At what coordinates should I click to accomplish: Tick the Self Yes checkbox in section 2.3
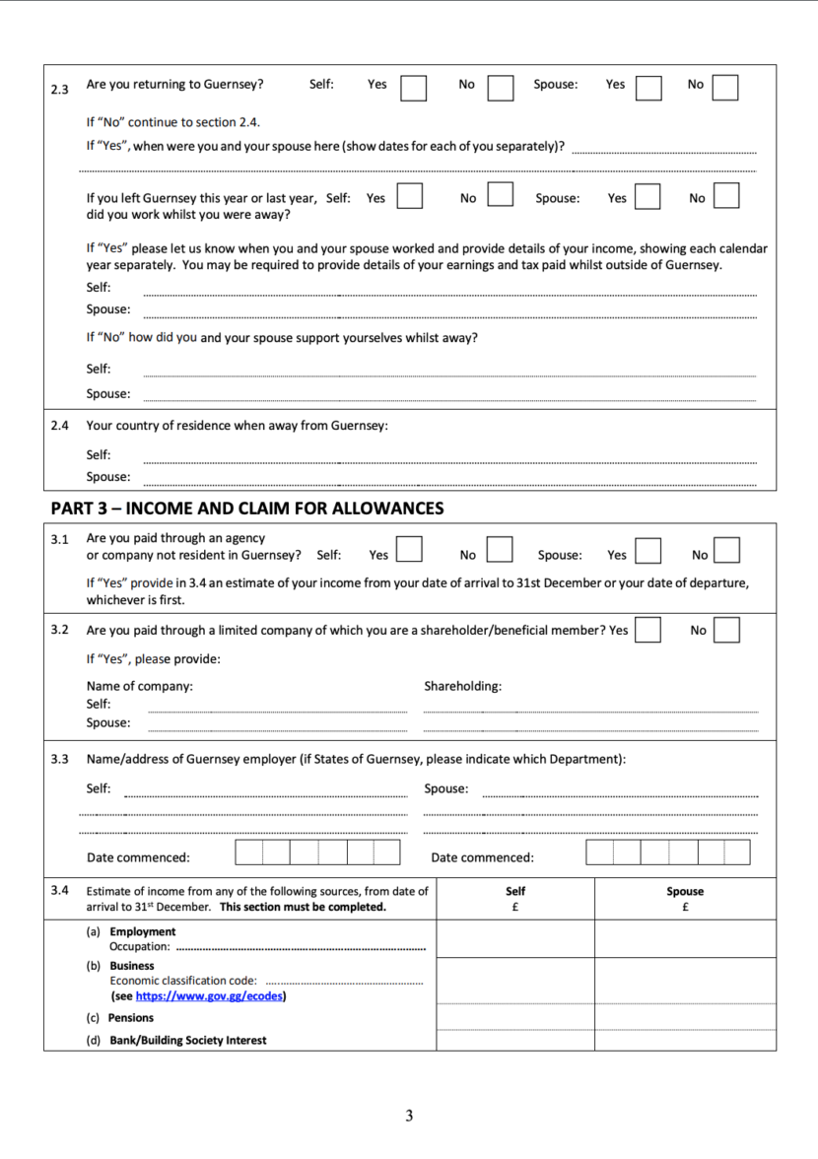pyautogui.click(x=413, y=88)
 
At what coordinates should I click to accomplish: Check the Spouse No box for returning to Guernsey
pyautogui.click(x=725, y=88)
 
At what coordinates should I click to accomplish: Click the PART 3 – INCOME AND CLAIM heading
pyautogui.click(x=247, y=509)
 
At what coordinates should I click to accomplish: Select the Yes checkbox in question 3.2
pyautogui.click(x=648, y=630)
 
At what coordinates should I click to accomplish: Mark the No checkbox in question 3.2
pyautogui.click(x=726, y=630)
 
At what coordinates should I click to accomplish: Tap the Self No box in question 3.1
pyautogui.click(x=500, y=549)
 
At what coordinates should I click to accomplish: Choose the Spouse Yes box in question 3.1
pyautogui.click(x=648, y=549)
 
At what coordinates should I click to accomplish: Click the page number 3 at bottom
pyautogui.click(x=409, y=1116)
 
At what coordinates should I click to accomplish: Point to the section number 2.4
pyautogui.click(x=59, y=426)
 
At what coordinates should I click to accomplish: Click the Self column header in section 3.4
pyautogui.click(x=515, y=891)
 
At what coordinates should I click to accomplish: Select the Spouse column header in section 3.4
pyautogui.click(x=685, y=891)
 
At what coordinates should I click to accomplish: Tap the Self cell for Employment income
pyautogui.click(x=515, y=938)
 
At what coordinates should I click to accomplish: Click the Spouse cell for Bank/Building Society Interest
pyautogui.click(x=685, y=1039)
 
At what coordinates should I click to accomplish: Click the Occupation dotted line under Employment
pyautogui.click(x=300, y=948)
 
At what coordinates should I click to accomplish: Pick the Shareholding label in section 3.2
pyautogui.click(x=462, y=686)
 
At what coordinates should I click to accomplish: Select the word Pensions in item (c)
pyautogui.click(x=131, y=1018)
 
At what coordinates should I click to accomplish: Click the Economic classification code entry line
pyautogui.click(x=345, y=982)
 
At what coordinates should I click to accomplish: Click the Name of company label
pyautogui.click(x=140, y=686)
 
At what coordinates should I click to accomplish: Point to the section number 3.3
pyautogui.click(x=59, y=759)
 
